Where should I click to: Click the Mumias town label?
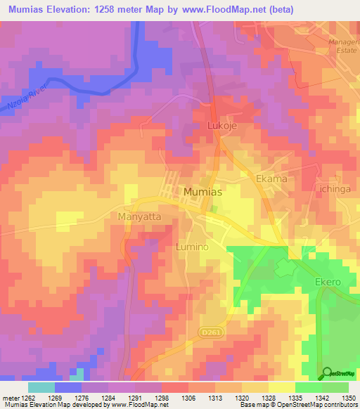click(204, 191)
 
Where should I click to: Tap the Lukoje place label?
click(223, 126)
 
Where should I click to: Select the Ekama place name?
click(271, 178)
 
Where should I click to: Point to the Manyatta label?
click(139, 217)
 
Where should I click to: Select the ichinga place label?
click(340, 190)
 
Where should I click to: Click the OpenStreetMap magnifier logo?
click(327, 373)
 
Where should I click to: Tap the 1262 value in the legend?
click(29, 398)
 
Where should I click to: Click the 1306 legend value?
click(188, 398)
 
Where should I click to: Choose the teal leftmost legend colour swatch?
click(41, 387)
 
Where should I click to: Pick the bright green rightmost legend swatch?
click(335, 387)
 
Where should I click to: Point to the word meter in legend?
click(10, 398)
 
